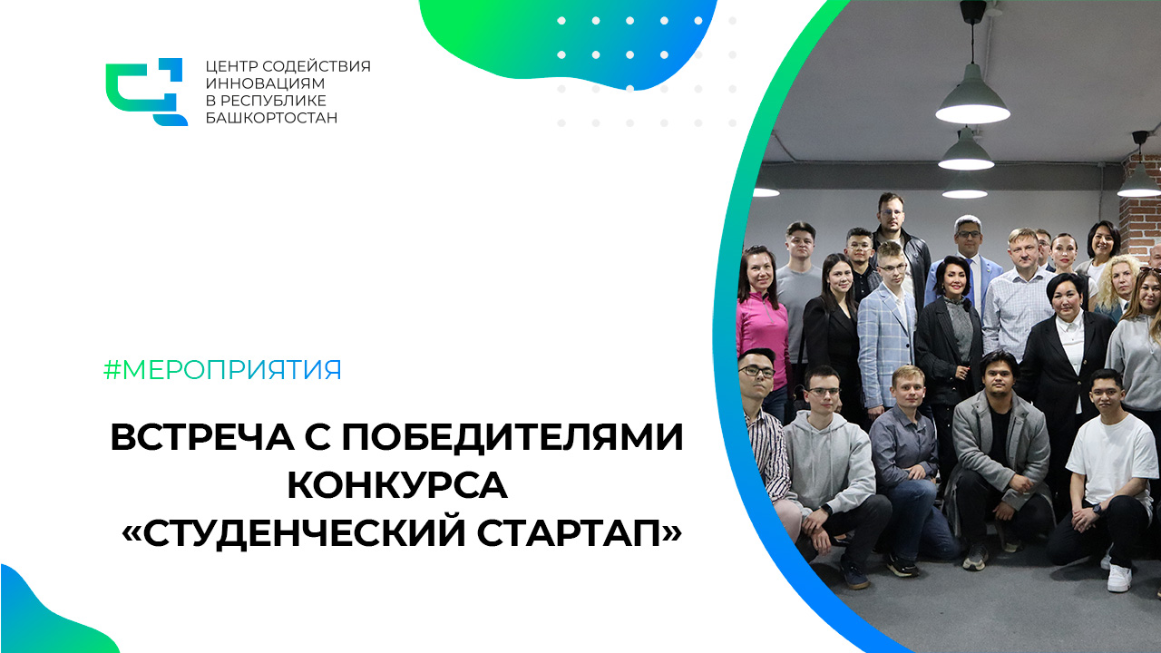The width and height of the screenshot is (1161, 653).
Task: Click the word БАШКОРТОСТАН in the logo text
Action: [x=271, y=118]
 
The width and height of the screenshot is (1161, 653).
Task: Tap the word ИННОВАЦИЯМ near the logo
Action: [x=265, y=83]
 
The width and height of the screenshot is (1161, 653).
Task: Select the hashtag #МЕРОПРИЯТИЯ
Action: [x=222, y=370]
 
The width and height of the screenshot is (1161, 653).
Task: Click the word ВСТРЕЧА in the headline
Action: [x=202, y=437]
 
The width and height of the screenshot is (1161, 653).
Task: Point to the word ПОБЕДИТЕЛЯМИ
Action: [x=512, y=437]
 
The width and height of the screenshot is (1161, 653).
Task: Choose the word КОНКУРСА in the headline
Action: [x=397, y=484]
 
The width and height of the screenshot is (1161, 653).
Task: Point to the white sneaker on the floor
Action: [x=1119, y=578]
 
